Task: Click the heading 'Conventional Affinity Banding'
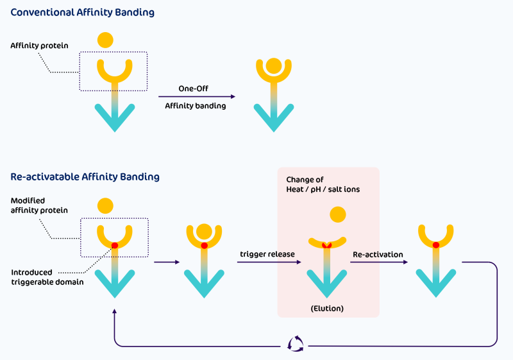[83, 13]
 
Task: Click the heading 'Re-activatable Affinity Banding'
[85, 176]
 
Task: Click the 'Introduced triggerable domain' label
[47, 277]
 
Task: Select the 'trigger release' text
[267, 254]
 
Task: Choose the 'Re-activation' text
[378, 254]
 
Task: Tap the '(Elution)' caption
[328, 309]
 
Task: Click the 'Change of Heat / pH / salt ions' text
[318, 184]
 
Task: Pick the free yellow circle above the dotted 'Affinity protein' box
[105, 40]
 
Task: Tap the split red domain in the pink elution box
[327, 246]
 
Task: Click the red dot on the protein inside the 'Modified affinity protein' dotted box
[115, 246]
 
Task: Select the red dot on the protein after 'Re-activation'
[436, 246]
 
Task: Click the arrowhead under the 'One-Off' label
[232, 97]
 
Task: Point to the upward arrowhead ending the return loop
[115, 311]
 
